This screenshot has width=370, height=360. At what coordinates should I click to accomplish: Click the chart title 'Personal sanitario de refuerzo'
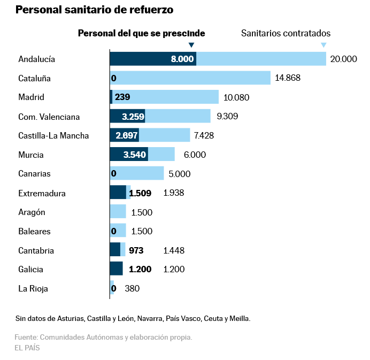tap(94, 10)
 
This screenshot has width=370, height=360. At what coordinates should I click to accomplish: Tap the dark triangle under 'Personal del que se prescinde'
tap(192, 45)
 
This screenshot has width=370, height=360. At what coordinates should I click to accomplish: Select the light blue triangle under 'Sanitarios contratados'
tap(323, 45)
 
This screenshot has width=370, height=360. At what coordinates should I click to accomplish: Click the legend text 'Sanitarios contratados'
tap(286, 33)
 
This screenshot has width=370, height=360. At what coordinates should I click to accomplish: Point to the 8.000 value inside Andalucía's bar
tap(182, 59)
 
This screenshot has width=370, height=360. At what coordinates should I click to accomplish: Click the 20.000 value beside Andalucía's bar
tap(343, 59)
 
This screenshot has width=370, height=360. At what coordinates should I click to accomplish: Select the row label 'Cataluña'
tap(34, 78)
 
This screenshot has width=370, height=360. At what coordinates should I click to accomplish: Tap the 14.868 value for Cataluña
tap(288, 78)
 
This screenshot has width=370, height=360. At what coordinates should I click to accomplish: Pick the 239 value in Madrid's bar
tap(122, 97)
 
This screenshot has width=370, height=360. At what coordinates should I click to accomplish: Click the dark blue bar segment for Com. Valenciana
tap(127, 116)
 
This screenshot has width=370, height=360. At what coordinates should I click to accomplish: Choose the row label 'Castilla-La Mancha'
tap(53, 135)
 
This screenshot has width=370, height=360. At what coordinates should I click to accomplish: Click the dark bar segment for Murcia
tap(129, 155)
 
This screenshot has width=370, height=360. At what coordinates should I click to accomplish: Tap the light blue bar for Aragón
tap(118, 212)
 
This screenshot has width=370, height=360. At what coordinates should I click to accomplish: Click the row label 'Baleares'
tap(34, 231)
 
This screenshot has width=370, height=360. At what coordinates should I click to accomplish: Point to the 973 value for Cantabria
tap(136, 250)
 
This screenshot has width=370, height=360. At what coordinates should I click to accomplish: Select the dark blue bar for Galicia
tap(116, 269)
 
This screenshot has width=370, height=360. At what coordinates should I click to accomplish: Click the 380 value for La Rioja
tap(132, 288)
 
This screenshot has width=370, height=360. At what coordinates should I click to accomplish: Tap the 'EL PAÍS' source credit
tap(27, 348)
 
